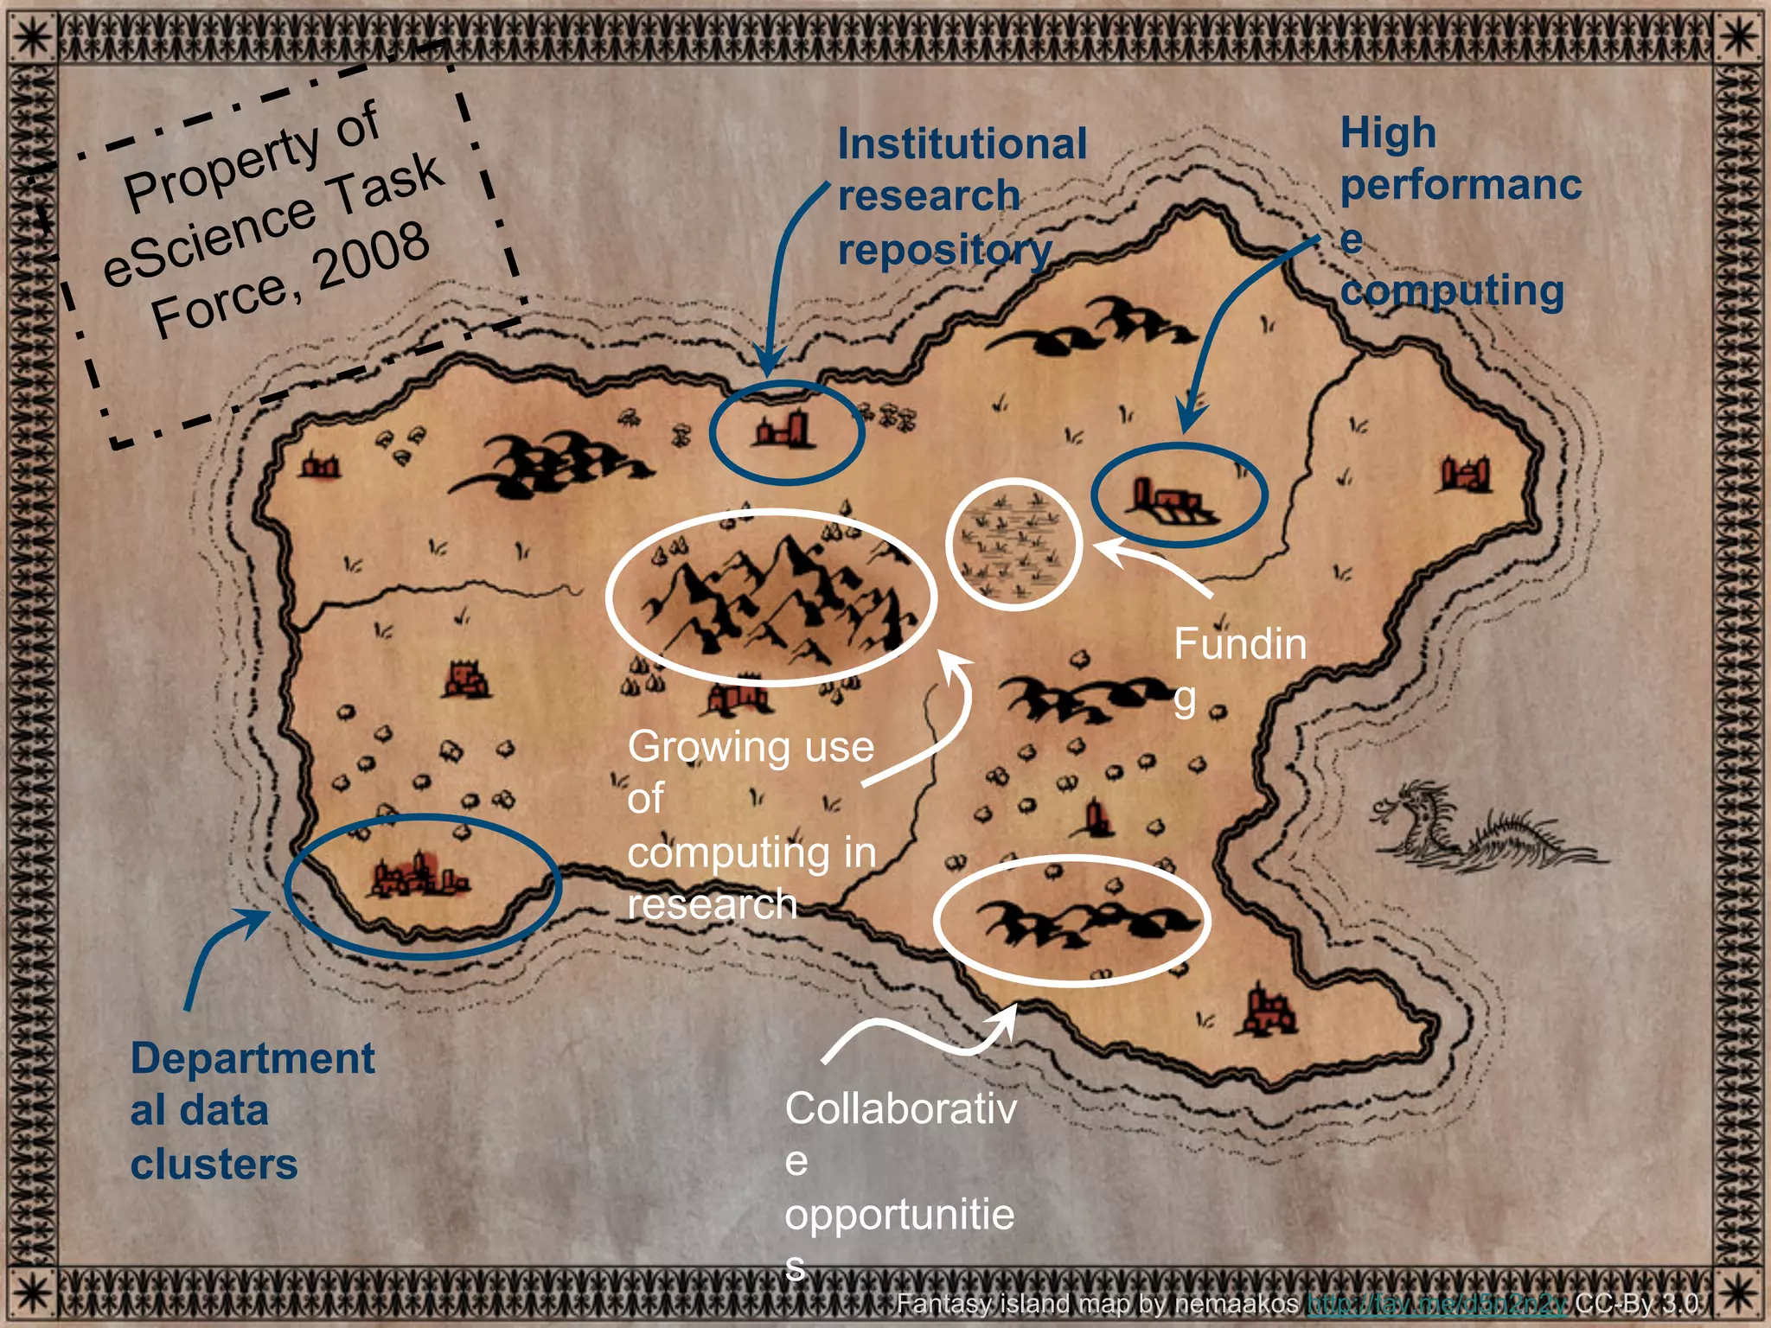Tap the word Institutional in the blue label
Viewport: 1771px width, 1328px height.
click(x=962, y=144)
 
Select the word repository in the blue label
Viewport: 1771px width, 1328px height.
click(x=944, y=251)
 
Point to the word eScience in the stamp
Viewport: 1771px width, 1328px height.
click(x=208, y=242)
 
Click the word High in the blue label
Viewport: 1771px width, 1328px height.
click(x=1387, y=134)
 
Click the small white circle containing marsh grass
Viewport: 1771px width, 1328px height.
click(x=1013, y=545)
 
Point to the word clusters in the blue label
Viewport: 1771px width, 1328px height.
click(x=214, y=1164)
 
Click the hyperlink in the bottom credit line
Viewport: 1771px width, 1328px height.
click(x=1435, y=1302)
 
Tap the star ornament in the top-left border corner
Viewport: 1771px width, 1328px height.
click(x=32, y=35)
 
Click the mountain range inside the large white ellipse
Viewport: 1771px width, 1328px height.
click(x=770, y=597)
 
